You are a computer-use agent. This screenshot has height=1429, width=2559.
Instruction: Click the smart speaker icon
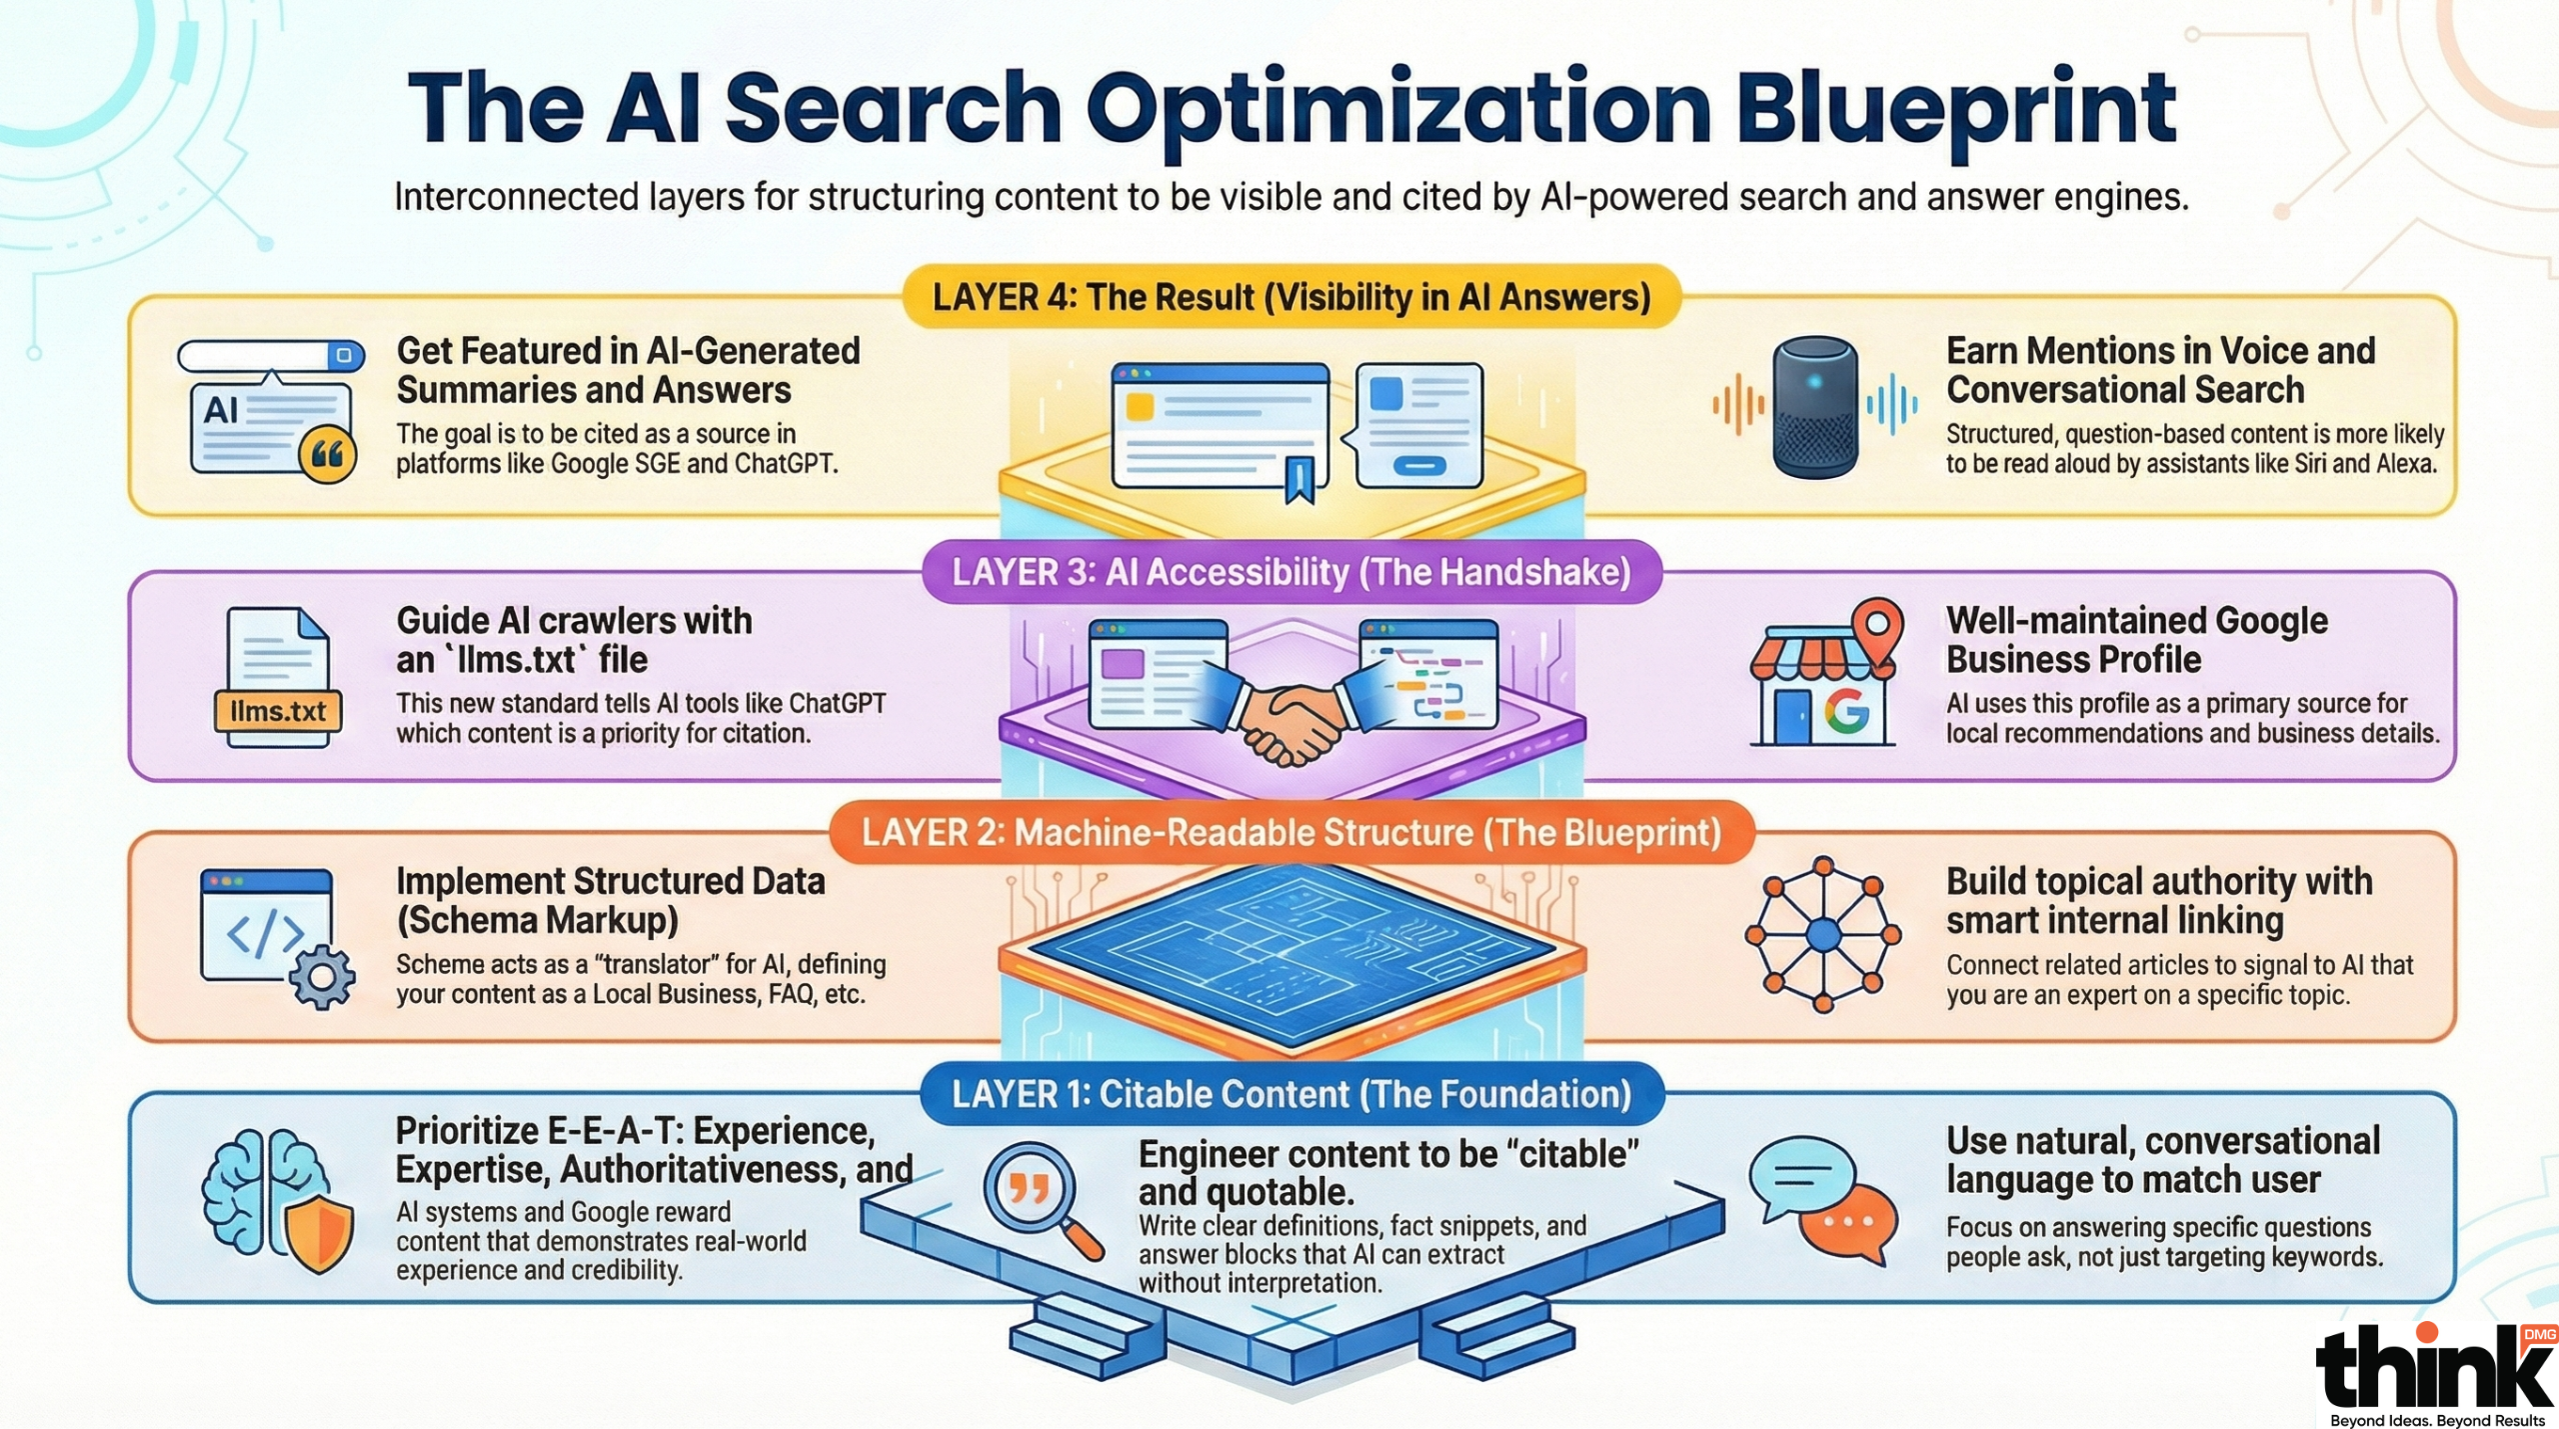[x=1814, y=406]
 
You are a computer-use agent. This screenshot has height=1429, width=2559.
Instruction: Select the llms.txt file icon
[x=278, y=678]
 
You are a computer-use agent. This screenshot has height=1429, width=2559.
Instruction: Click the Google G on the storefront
[x=1845, y=711]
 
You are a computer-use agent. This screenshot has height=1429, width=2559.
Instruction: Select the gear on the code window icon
[x=322, y=976]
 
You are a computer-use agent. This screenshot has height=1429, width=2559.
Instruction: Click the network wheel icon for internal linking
[x=1822, y=935]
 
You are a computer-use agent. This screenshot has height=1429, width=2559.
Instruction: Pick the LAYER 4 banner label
[x=1291, y=297]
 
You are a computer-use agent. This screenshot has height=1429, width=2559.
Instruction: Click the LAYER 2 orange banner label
[x=1291, y=832]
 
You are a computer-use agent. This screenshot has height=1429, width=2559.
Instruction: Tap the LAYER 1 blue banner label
[x=1291, y=1094]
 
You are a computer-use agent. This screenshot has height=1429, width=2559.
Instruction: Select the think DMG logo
[x=2434, y=1373]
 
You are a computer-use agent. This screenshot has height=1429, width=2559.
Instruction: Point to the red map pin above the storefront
[x=1877, y=627]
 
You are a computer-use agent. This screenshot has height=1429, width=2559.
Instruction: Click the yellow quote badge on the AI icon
[x=328, y=455]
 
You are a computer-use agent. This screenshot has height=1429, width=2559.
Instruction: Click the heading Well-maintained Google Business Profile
[x=2136, y=640]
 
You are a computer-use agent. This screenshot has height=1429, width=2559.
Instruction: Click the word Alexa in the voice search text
[x=2404, y=464]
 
